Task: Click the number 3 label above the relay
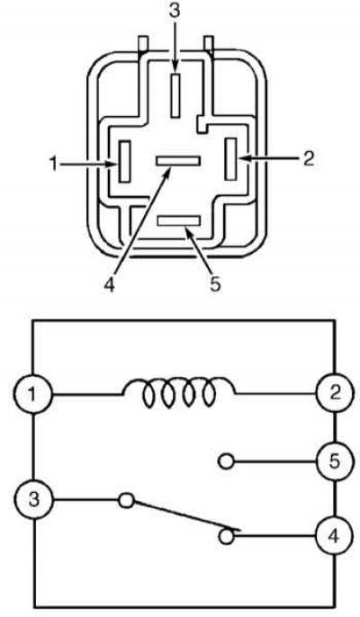[x=175, y=11]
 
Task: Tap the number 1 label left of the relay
[x=54, y=164]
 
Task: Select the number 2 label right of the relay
[x=309, y=158]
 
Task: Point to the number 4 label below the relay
[x=109, y=284]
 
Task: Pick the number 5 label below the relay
[x=214, y=283]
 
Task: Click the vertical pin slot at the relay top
[x=175, y=94]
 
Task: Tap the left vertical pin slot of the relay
[x=124, y=161]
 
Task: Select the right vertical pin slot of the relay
[x=230, y=159]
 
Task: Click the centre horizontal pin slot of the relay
[x=178, y=161]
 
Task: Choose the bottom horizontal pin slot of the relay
[x=179, y=220]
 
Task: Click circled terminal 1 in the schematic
[x=33, y=394]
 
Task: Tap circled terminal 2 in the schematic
[x=335, y=393]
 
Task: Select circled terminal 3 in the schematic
[x=33, y=501]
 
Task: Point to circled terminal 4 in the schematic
[x=335, y=537]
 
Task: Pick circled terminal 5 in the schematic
[x=335, y=461]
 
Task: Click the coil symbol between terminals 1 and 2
[x=179, y=393]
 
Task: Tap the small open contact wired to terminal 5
[x=226, y=461]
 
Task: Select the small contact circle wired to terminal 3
[x=126, y=500]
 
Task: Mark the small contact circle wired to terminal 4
[x=226, y=537]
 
